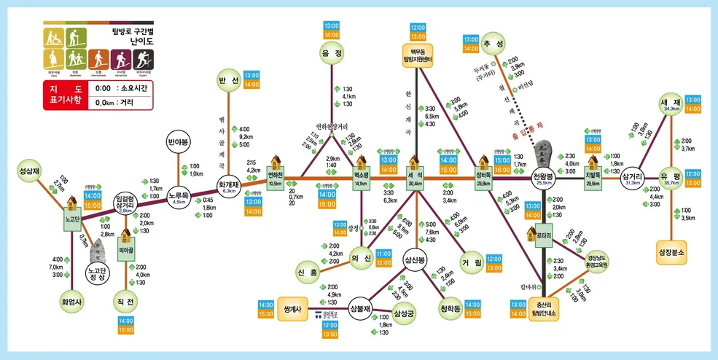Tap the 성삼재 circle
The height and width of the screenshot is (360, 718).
tap(29, 174)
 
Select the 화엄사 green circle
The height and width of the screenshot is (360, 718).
tap(72, 300)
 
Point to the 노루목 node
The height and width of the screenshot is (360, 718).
tap(179, 198)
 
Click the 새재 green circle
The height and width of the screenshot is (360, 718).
tap(671, 105)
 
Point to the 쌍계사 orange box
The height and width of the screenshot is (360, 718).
tap(292, 309)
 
